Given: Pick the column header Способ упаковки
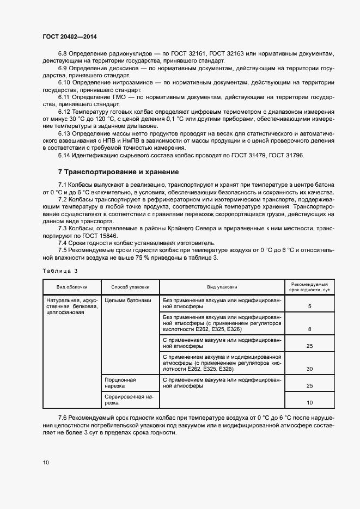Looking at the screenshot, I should [x=130, y=287].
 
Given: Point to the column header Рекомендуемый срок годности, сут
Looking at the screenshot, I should [x=309, y=287].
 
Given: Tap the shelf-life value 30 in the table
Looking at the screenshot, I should [x=309, y=369].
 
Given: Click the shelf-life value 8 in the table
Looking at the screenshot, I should [x=309, y=329].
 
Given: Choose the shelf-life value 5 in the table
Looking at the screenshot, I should [x=309, y=307].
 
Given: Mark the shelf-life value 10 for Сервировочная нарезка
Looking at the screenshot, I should [x=309, y=403].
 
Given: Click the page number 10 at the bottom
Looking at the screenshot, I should [x=46, y=463].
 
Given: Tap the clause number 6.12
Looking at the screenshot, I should [x=66, y=112].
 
